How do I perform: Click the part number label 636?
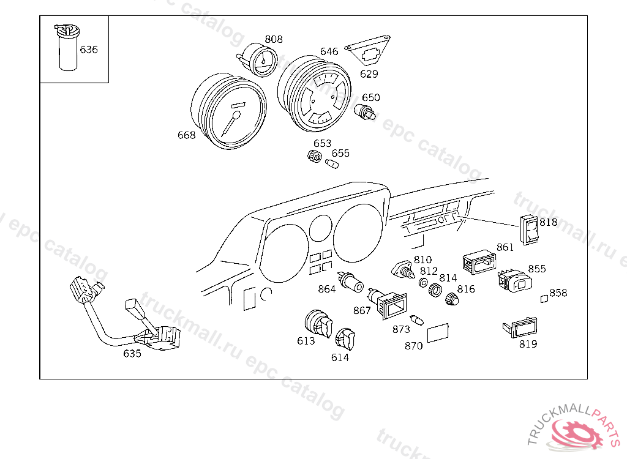pyautogui.click(x=89, y=50)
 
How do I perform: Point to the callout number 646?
pyautogui.click(x=329, y=51)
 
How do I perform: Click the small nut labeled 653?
pyautogui.click(x=315, y=157)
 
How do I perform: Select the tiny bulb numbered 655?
pyautogui.click(x=331, y=164)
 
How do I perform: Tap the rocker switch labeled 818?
pyautogui.click(x=530, y=231)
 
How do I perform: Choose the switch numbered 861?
pyautogui.click(x=479, y=261)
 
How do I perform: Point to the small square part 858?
pyautogui.click(x=543, y=299)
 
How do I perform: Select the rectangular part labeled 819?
pyautogui.click(x=520, y=327)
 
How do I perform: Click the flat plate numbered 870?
pyautogui.click(x=438, y=333)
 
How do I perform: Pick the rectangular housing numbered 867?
pyautogui.click(x=392, y=304)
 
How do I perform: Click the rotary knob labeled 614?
pyautogui.click(x=345, y=338)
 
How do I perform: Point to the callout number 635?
pyautogui.click(x=132, y=353)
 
